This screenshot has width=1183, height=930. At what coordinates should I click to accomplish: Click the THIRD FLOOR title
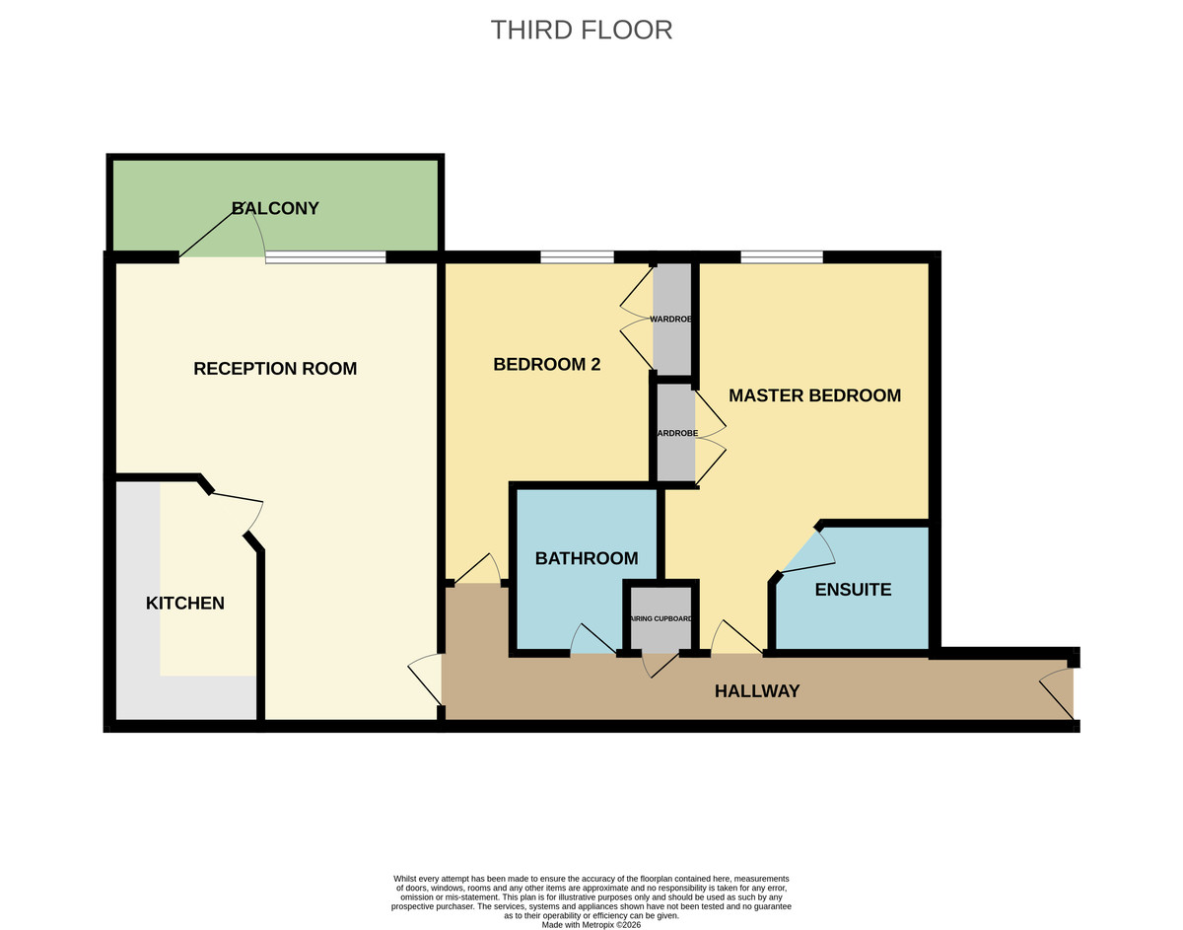pyautogui.click(x=582, y=30)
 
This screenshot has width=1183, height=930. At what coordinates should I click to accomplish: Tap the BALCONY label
pyautogui.click(x=275, y=208)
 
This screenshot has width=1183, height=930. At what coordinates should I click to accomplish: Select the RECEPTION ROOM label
pyautogui.click(x=275, y=369)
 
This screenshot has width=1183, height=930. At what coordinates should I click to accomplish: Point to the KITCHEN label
pyautogui.click(x=185, y=603)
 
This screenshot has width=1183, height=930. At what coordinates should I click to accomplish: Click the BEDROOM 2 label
pyautogui.click(x=547, y=364)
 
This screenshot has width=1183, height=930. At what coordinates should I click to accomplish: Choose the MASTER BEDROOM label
pyautogui.click(x=814, y=395)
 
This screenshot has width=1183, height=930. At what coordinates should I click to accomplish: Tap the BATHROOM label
pyautogui.click(x=587, y=558)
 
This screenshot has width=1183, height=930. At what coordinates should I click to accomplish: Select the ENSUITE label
pyautogui.click(x=853, y=590)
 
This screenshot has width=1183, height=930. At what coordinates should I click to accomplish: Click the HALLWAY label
pyautogui.click(x=757, y=691)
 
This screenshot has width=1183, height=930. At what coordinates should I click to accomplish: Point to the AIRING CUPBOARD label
pyautogui.click(x=662, y=618)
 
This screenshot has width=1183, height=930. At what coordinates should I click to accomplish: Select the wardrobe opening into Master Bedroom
pyautogui.click(x=676, y=434)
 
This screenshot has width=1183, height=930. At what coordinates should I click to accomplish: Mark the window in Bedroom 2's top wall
pyautogui.click(x=577, y=257)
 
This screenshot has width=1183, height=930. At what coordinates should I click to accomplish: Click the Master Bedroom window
pyautogui.click(x=782, y=257)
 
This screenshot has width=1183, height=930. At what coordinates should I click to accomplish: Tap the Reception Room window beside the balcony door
pyautogui.click(x=325, y=257)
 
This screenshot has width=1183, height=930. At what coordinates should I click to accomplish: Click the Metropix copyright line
pyautogui.click(x=591, y=925)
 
